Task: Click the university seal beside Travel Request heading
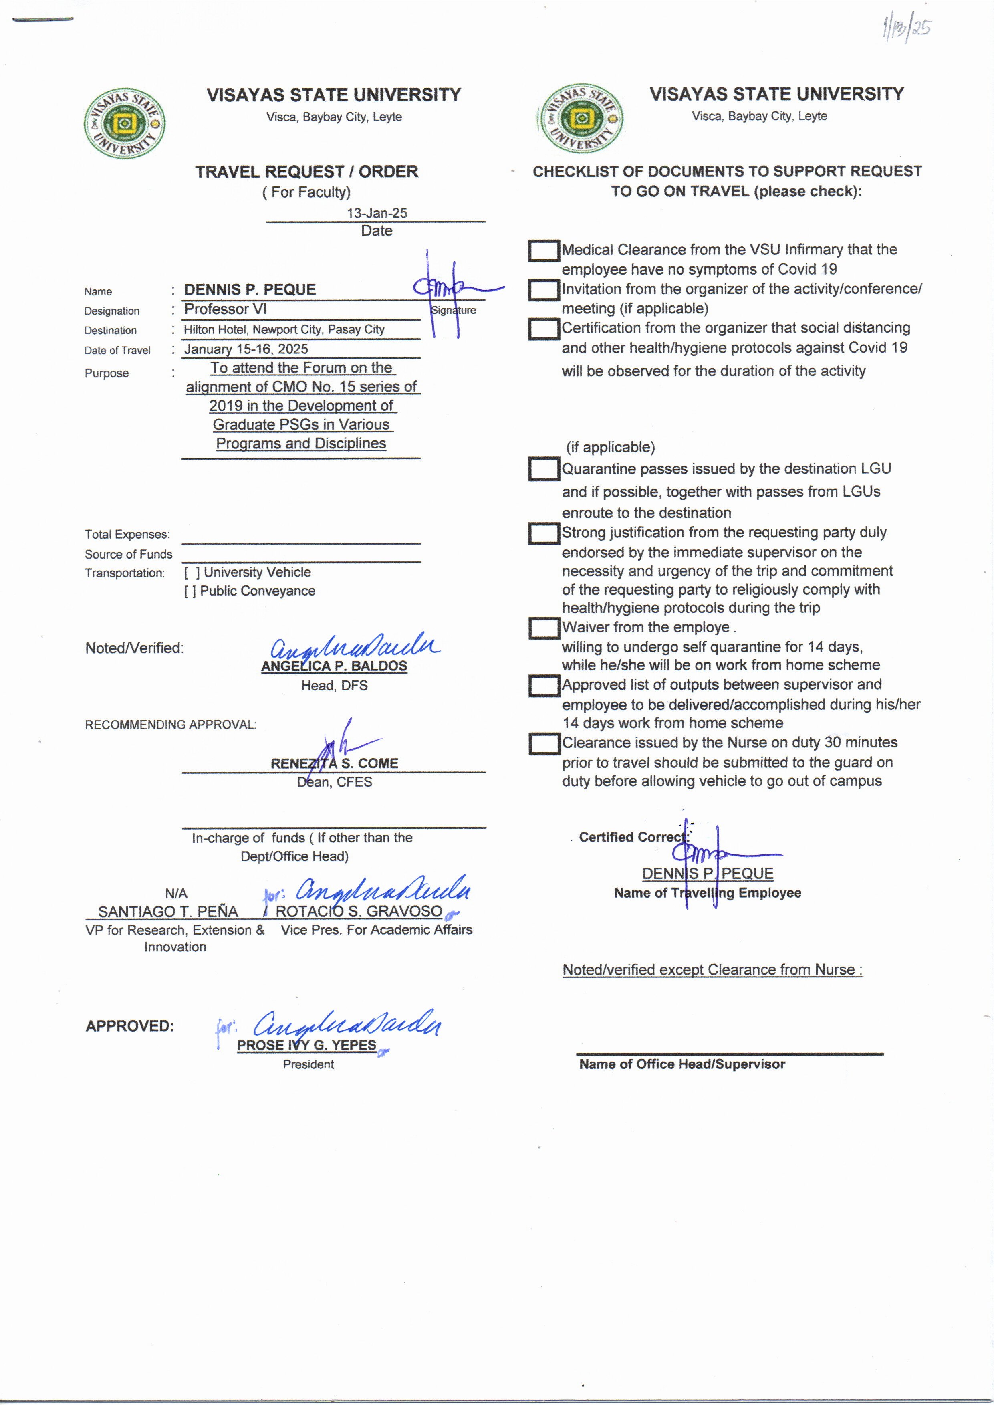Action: [124, 123]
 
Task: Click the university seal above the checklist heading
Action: [580, 119]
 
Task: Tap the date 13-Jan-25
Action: [377, 213]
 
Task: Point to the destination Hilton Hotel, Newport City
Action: [284, 329]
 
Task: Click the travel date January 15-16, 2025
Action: [246, 349]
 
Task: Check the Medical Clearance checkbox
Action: [544, 251]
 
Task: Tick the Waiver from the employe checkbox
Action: [544, 628]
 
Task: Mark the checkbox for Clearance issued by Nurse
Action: [544, 744]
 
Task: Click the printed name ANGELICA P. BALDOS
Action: [334, 666]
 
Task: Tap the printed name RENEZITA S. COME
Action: [334, 763]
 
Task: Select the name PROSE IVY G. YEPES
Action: [306, 1045]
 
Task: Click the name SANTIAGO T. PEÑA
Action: [168, 912]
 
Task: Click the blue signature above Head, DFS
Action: [355, 646]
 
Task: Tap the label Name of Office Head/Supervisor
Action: [682, 1064]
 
